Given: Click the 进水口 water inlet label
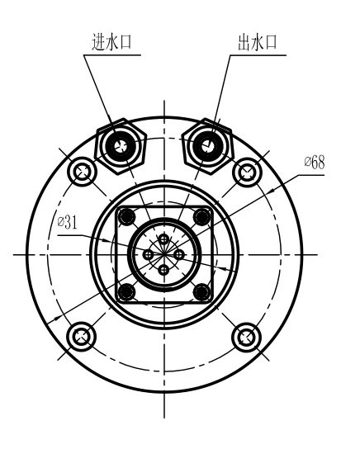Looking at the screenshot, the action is click(x=111, y=42).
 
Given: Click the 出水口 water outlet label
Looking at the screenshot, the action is click(x=258, y=42).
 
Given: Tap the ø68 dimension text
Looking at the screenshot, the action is click(x=315, y=163).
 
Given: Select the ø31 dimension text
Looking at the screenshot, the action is click(x=68, y=222).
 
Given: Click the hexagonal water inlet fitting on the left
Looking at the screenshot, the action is click(x=121, y=146).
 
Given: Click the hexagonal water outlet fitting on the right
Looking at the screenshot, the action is click(x=207, y=146).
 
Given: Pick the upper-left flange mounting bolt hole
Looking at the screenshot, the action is click(x=82, y=172).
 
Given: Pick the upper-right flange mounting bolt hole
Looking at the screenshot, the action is click(x=247, y=173).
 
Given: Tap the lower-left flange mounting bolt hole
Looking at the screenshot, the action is click(x=81, y=337).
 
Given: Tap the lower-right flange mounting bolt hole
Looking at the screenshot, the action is click(x=246, y=338).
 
